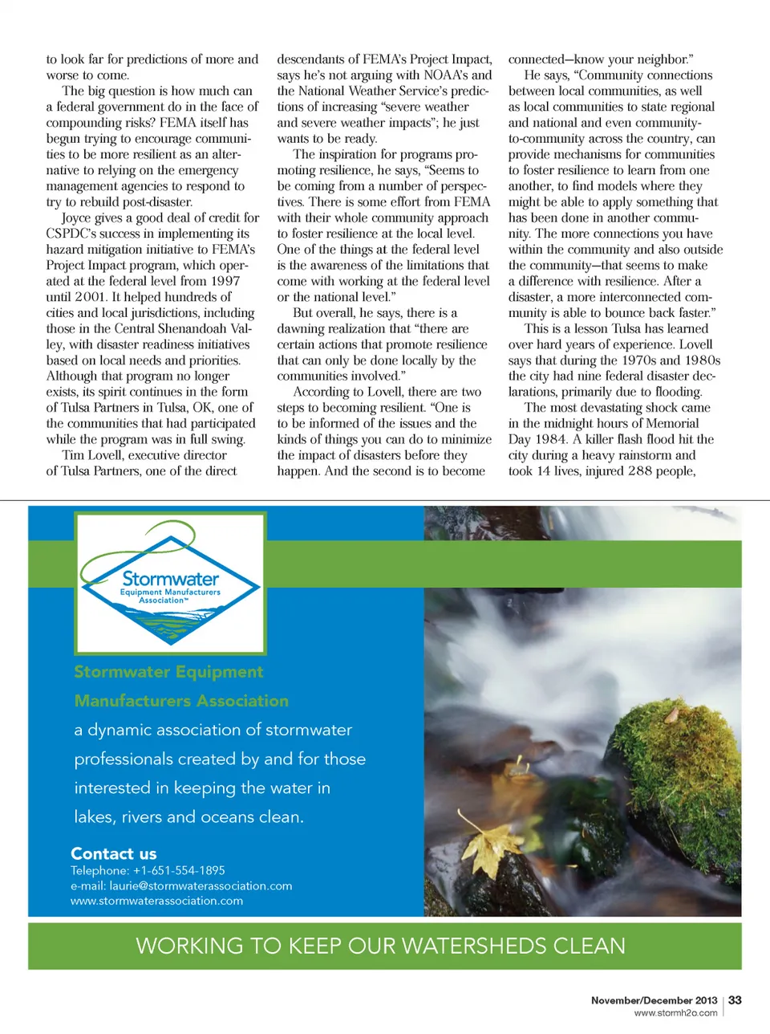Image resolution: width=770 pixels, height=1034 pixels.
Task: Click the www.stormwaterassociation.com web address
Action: tap(156, 901)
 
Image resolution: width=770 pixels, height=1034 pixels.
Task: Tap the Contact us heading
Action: tap(113, 853)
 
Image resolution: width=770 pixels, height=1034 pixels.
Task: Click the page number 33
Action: tap(735, 1000)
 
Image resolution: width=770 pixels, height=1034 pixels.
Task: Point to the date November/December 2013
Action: tap(654, 1000)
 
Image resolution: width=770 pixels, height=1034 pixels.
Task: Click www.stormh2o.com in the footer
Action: tap(675, 1013)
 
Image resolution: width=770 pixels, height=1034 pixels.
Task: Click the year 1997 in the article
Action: tap(225, 281)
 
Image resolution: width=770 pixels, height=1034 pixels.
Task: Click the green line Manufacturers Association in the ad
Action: tap(181, 701)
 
